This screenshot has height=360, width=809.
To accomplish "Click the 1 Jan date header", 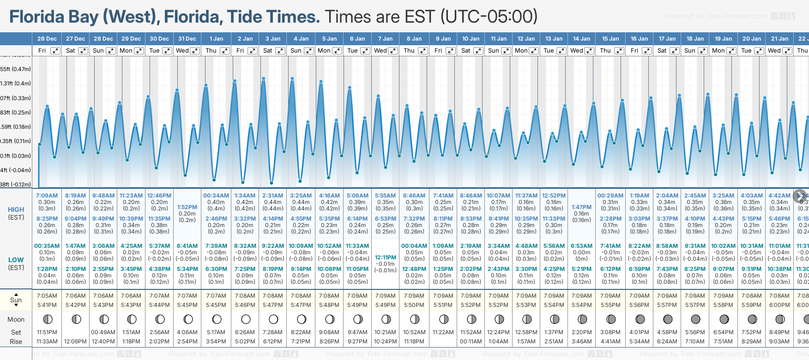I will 216,39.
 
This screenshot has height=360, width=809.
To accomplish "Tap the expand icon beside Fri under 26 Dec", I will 55,51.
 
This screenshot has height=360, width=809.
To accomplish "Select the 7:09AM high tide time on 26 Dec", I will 47,196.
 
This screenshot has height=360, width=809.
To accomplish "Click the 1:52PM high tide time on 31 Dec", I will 187,207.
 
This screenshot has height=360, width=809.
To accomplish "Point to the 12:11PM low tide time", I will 386,258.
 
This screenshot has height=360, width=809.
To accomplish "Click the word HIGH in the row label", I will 16,210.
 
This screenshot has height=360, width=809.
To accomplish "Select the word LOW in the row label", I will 16,260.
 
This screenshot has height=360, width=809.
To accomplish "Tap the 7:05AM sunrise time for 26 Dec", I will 47,296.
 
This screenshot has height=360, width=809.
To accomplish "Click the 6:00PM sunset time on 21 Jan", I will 779,305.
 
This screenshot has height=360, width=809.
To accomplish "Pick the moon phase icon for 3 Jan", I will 273,319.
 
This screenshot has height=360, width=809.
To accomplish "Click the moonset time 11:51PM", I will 47,332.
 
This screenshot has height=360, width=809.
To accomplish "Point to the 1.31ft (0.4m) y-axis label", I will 16,84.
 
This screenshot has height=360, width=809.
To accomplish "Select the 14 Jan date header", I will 581,39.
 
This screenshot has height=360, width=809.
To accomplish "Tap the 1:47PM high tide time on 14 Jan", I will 581,207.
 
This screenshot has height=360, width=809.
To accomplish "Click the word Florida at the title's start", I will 37,17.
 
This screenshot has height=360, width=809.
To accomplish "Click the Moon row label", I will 16,319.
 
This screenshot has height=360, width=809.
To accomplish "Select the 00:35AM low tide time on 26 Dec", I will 47,246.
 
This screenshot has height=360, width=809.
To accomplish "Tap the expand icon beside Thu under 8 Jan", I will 423,51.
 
